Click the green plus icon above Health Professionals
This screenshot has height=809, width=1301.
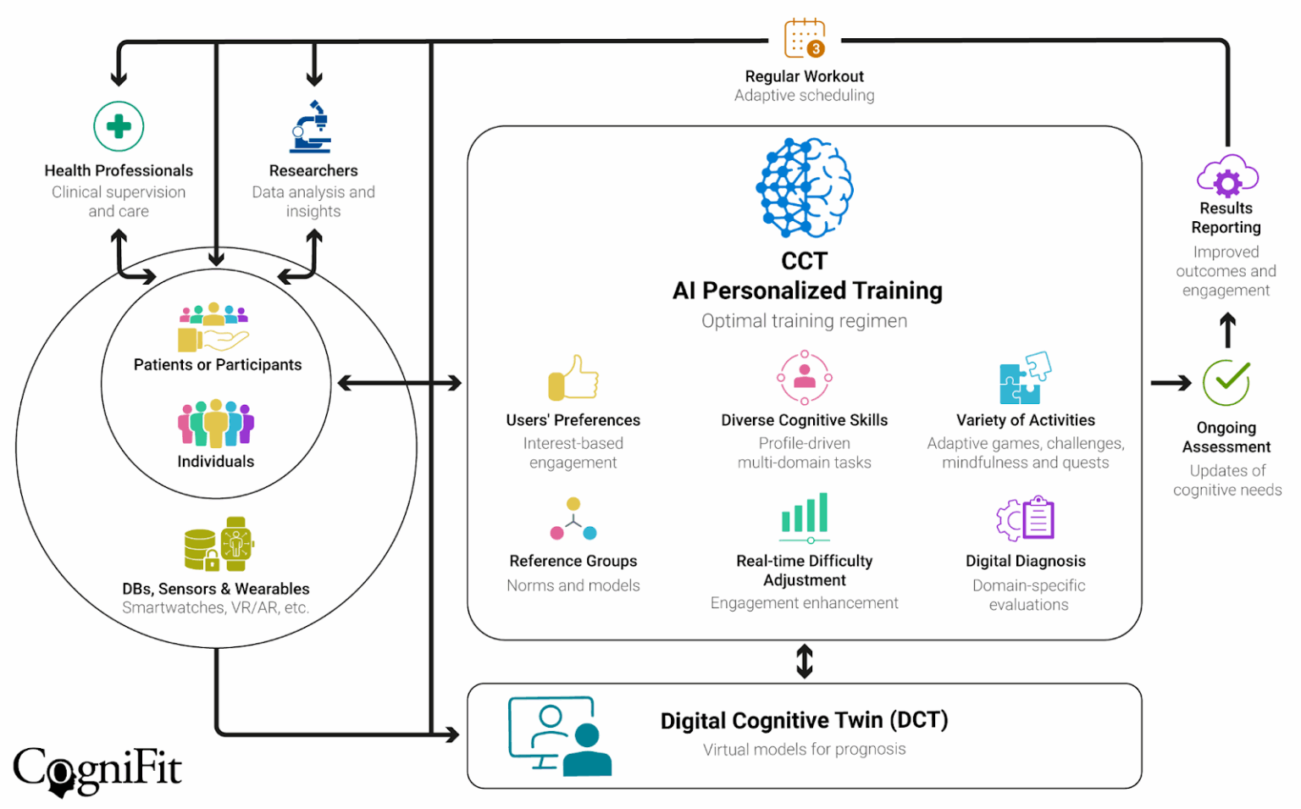click(x=119, y=127)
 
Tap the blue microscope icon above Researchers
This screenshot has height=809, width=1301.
click(x=311, y=127)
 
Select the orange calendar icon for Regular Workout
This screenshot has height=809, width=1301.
click(x=804, y=38)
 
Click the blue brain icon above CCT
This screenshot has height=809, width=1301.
click(x=804, y=187)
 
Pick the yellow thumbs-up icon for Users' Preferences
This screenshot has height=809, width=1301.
click(x=573, y=378)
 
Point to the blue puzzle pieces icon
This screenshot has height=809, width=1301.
click(x=1025, y=378)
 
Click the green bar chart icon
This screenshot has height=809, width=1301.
click(x=805, y=517)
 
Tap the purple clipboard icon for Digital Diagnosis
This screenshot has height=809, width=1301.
click(x=1025, y=518)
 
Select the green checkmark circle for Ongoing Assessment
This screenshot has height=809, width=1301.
click(x=1226, y=383)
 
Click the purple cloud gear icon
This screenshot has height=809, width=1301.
click(x=1227, y=176)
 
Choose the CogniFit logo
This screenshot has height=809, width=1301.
click(x=97, y=770)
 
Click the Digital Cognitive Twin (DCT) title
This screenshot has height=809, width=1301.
click(x=804, y=720)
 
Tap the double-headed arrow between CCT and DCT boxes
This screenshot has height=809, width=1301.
click(x=805, y=662)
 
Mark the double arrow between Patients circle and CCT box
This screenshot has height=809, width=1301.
click(x=399, y=384)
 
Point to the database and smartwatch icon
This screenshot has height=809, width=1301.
click(x=219, y=545)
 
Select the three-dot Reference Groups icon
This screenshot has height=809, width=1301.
click(x=573, y=519)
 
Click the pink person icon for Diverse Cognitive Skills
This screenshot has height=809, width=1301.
click(x=805, y=378)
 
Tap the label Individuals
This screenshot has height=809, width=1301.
click(x=215, y=462)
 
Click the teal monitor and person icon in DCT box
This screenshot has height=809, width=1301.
click(x=559, y=736)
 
